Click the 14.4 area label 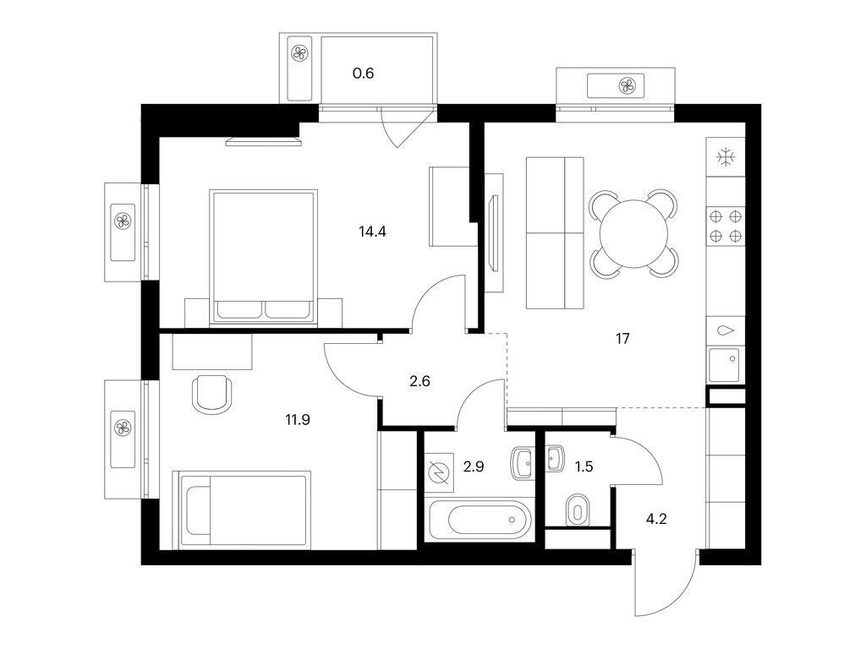coord(372,232)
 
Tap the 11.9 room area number coord(297,420)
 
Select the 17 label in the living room coord(622,339)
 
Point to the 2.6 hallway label coord(419,381)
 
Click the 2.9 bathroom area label coord(474,466)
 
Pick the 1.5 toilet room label coord(584,466)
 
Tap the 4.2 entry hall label coord(656,520)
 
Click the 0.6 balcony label coord(364,73)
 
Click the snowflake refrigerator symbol coord(725,158)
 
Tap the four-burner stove coord(726,226)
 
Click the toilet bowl coord(578,510)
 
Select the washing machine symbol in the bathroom coord(439,472)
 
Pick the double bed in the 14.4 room coord(264,257)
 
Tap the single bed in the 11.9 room coord(242,510)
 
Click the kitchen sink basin coord(724,365)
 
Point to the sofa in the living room coord(555,233)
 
